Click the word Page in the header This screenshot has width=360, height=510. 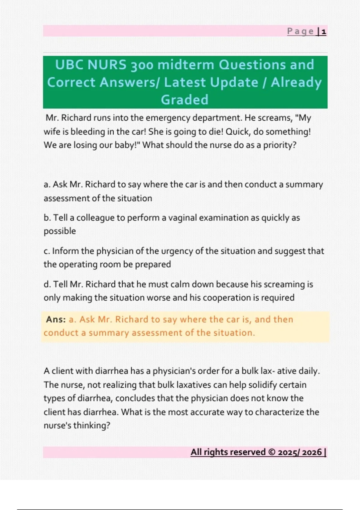(x=300, y=31)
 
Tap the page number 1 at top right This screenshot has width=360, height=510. (x=324, y=31)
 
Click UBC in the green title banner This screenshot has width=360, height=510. (x=69, y=65)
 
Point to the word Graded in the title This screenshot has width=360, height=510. (x=184, y=100)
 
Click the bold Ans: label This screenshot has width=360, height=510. (x=56, y=319)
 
